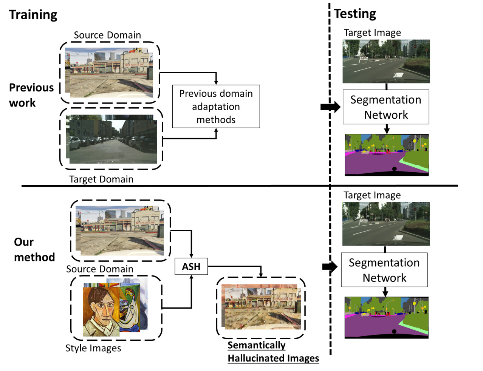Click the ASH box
[191, 266]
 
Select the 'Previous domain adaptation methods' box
[216, 107]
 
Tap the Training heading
[33, 15]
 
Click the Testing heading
[355, 14]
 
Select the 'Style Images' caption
[93, 348]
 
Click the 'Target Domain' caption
[101, 179]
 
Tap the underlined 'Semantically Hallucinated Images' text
[273, 352]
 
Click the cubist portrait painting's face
[100, 304]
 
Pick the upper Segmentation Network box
[385, 107]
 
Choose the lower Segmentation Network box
[384, 270]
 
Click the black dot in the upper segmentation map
[395, 169]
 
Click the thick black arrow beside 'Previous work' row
[330, 107]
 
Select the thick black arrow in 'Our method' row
[330, 267]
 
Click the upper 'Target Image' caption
[372, 33]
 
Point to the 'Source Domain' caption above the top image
[107, 35]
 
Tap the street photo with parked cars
[113, 140]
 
